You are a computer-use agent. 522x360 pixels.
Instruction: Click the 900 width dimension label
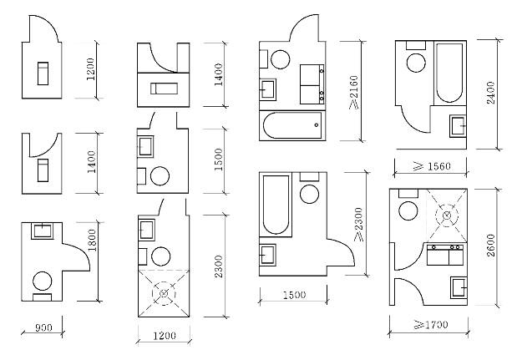[x=43, y=327]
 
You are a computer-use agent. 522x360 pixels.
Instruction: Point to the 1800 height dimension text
[x=92, y=240]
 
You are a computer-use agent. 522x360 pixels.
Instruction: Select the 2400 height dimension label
[x=491, y=93]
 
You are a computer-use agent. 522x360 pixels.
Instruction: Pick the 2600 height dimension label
[x=491, y=246]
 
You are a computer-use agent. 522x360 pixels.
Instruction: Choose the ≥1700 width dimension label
[x=431, y=324]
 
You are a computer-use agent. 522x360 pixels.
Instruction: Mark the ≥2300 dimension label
[x=358, y=225]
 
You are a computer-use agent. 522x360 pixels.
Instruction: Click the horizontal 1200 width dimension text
[x=165, y=335]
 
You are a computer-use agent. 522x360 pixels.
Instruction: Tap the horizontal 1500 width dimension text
[x=294, y=295]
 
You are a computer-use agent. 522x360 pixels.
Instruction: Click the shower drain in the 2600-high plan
[x=447, y=215]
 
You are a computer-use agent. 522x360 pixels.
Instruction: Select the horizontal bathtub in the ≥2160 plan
[x=292, y=125]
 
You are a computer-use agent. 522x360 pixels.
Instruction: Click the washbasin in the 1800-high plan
[x=43, y=231]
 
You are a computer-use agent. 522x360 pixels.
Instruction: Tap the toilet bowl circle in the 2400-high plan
[x=417, y=63]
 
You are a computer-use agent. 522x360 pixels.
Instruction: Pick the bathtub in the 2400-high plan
[x=449, y=73]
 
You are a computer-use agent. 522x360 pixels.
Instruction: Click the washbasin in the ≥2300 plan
[x=268, y=255]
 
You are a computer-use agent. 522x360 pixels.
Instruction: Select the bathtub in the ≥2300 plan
[x=276, y=205]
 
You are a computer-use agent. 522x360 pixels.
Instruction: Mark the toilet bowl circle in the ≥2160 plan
[x=281, y=59]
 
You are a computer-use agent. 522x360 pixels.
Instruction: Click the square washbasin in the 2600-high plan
[x=459, y=287]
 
